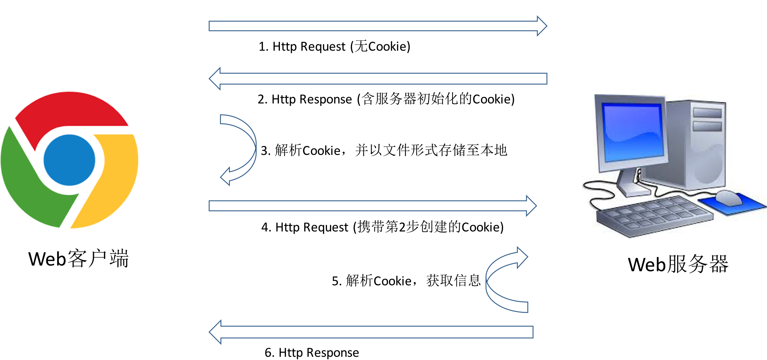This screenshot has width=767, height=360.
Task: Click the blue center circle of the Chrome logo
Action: tap(69, 160)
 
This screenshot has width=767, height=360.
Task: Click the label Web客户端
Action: tap(79, 259)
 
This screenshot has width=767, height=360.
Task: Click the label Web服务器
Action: tap(678, 264)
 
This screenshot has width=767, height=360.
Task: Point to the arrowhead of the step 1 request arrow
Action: tap(542, 26)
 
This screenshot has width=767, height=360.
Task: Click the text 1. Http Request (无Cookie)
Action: tap(334, 47)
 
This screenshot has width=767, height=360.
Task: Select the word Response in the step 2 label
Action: tap(325, 99)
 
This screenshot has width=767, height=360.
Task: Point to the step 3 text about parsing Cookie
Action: tap(383, 150)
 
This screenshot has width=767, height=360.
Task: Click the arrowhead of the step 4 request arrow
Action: tap(531, 206)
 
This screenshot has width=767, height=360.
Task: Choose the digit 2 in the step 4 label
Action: tap(402, 227)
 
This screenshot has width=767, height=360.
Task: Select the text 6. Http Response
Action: tap(312, 352)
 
